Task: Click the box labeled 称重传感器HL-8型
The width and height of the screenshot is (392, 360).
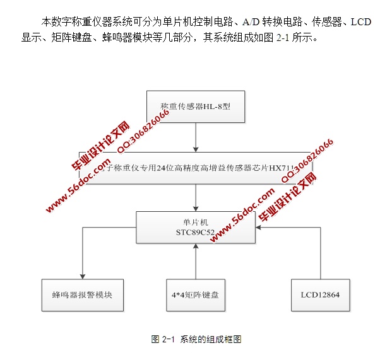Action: pyautogui.click(x=195, y=107)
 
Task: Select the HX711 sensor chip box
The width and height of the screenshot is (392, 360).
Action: pyautogui.click(x=196, y=168)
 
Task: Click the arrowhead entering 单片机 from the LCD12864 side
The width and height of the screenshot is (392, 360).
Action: pyautogui.click(x=260, y=228)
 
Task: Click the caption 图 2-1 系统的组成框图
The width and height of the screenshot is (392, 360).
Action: pyautogui.click(x=196, y=340)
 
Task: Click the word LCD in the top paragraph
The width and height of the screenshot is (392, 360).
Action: pyautogui.click(x=360, y=22)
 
